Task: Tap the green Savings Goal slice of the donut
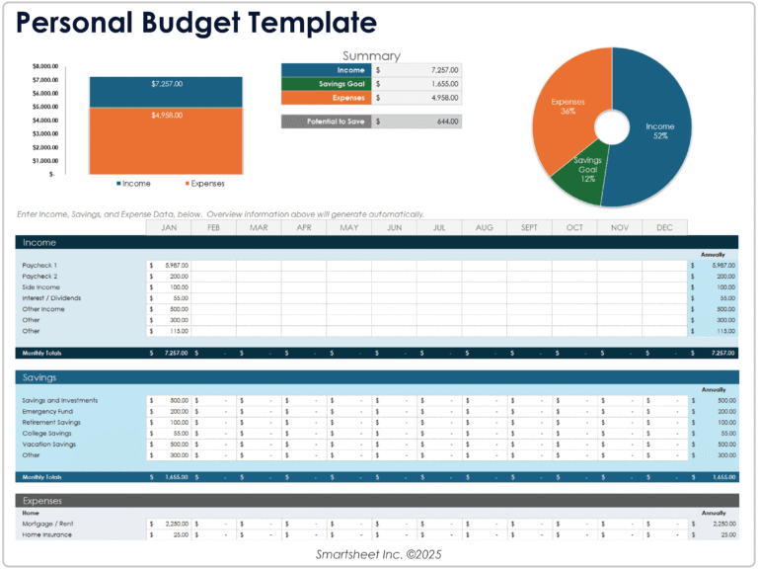(588, 170)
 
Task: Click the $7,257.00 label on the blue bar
(166, 84)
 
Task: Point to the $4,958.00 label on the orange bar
(166, 116)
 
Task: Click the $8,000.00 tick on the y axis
(45, 66)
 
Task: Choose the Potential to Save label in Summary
(327, 122)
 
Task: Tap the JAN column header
(169, 227)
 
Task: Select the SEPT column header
(529, 227)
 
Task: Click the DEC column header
(664, 227)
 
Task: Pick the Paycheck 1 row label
(40, 265)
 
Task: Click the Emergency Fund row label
(46, 411)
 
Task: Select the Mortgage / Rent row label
(47, 524)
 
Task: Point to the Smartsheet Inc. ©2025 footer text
(378, 555)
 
